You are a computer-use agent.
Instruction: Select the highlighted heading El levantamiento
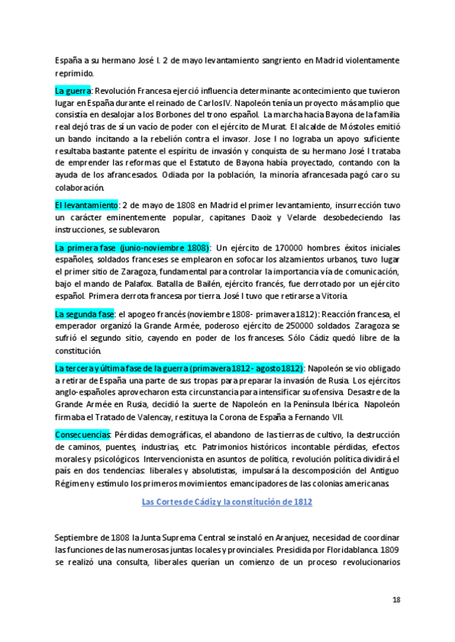pos(86,205)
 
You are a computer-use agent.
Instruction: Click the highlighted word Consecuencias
pos(83,435)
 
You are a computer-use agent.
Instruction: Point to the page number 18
pos(396,600)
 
